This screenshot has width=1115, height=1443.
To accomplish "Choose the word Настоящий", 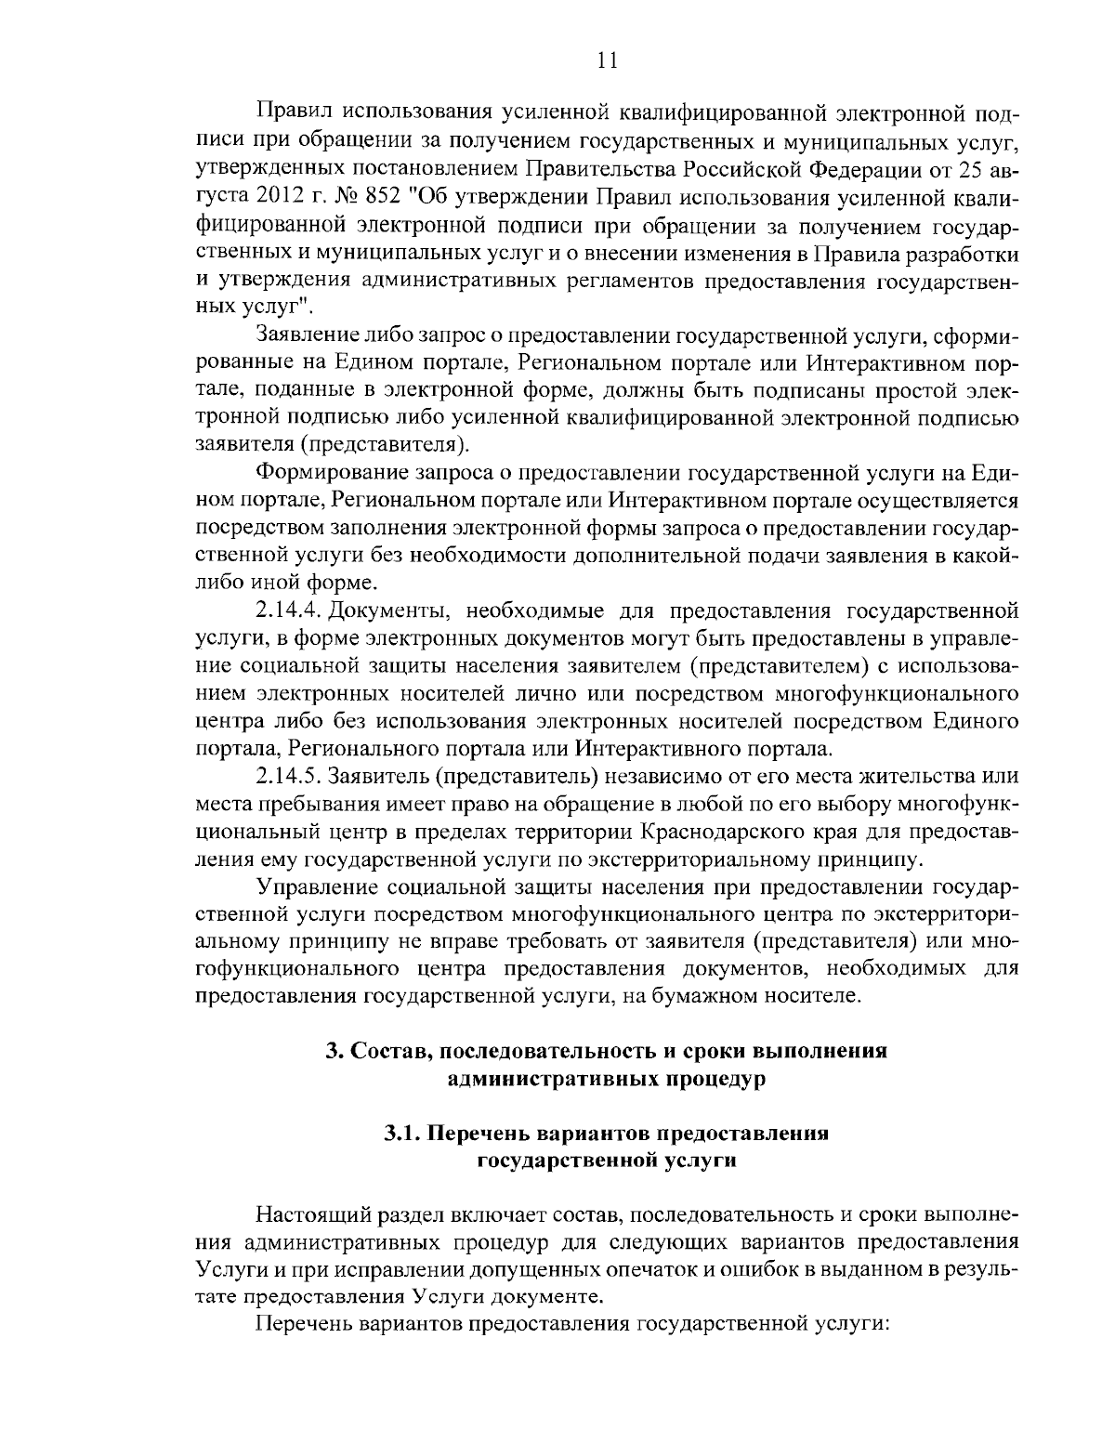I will (310, 1215).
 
